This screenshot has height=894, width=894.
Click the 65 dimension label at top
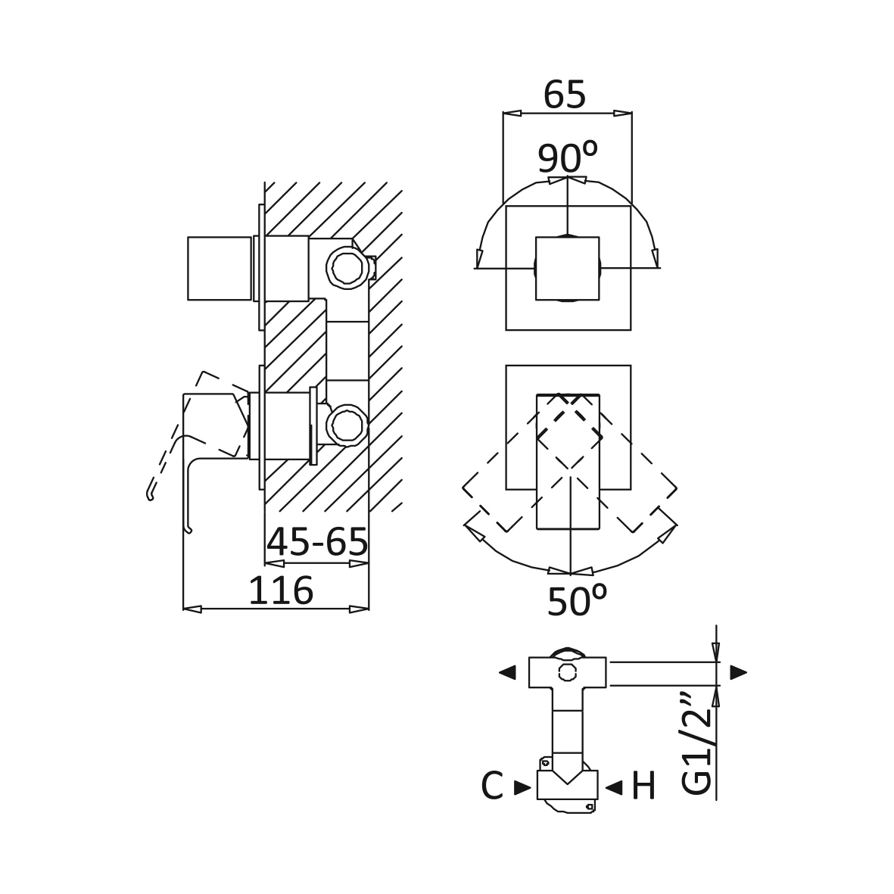[x=565, y=95]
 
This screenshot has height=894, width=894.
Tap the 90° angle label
[x=568, y=157]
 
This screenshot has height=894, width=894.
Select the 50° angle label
[x=576, y=600]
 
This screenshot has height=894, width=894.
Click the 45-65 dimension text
[x=317, y=542]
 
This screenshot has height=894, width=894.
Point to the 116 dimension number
[x=281, y=590]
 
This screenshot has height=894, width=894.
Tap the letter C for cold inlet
[x=492, y=787]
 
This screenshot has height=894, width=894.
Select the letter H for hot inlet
[x=643, y=787]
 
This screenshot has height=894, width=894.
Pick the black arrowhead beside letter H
[x=613, y=788]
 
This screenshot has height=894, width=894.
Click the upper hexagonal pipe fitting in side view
[x=346, y=267]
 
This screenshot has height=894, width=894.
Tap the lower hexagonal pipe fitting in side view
[x=346, y=425]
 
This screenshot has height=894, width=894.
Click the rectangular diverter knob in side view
[x=220, y=268]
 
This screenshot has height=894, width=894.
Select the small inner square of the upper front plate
[x=567, y=268]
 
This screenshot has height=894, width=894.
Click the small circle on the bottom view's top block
[x=567, y=672]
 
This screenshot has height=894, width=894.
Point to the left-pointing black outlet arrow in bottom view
[x=507, y=672]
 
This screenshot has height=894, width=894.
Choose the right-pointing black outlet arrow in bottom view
[x=738, y=672]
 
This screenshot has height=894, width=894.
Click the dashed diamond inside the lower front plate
[x=568, y=438]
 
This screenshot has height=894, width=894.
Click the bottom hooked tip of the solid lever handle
[x=188, y=529]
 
